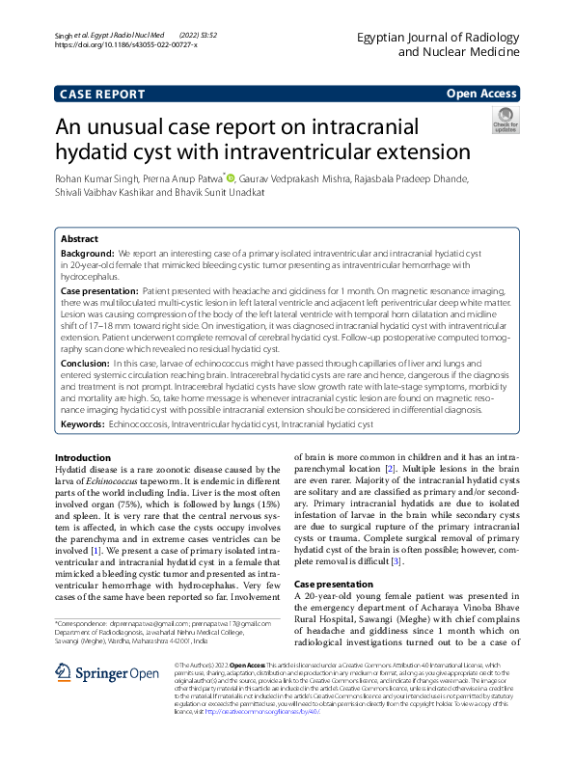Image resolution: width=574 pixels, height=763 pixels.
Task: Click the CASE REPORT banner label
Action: click(x=102, y=94)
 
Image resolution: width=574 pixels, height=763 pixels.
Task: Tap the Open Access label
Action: click(x=481, y=94)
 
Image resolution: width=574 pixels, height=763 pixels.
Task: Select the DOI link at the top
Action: click(x=125, y=44)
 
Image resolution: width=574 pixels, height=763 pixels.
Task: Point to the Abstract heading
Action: click(x=79, y=238)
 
